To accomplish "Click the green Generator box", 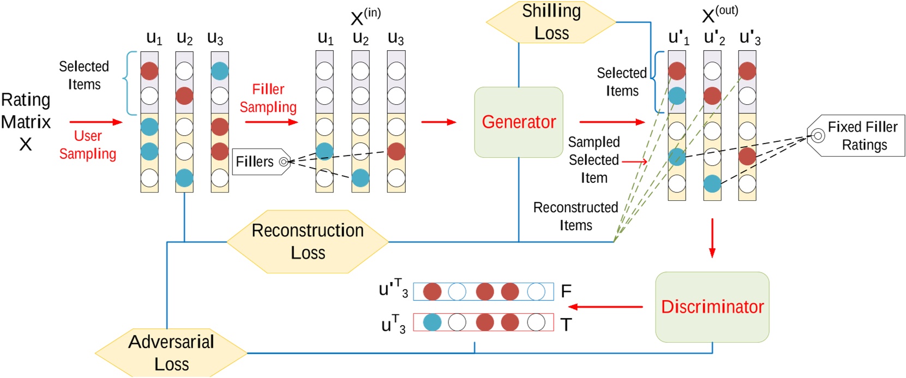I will coord(518,122).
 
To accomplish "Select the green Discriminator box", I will coord(712,307).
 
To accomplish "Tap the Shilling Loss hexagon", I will coord(551,22).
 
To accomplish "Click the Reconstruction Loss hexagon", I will coord(308,241).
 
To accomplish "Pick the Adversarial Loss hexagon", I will coord(171,352).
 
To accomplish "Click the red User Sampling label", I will coord(87,145).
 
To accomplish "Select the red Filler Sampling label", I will coord(268,98).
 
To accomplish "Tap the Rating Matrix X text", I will coord(26,121).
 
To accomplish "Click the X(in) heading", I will coord(365,17).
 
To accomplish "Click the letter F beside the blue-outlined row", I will coord(566,291).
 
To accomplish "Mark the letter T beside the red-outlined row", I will coord(566,325).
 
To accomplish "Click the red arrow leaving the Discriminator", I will coord(605,307).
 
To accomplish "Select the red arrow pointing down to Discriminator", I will coord(712,238).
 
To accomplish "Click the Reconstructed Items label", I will coord(575,216).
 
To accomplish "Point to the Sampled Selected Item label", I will coord(593,160).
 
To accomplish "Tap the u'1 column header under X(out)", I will coord(678,38).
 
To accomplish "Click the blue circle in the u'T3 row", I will coord(457,292).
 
